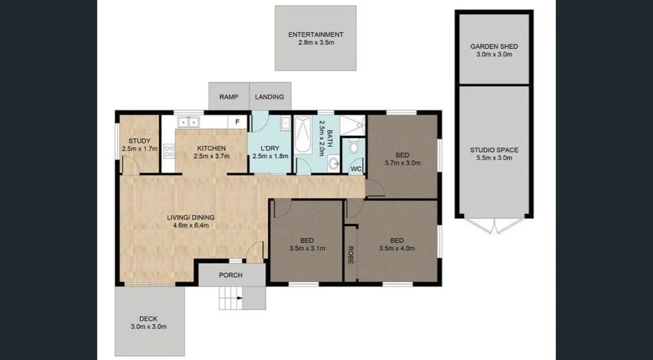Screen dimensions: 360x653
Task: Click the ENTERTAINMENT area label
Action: [315, 34]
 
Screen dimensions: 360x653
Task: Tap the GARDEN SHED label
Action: [491, 47]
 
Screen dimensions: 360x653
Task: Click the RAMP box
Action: [229, 97]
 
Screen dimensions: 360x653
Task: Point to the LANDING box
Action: [269, 97]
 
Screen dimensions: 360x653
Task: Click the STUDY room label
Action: [139, 141]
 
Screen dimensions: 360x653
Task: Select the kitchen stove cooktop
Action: [169, 150]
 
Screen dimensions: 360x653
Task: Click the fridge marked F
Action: [237, 122]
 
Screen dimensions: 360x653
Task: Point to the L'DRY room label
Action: [270, 148]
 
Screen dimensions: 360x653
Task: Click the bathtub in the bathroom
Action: [303, 136]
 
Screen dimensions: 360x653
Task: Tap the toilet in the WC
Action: [353, 147]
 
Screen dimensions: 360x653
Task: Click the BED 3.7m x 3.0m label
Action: [402, 155]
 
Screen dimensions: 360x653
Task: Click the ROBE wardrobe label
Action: [351, 254]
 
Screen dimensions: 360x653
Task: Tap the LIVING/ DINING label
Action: [190, 217]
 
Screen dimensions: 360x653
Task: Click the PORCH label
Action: [230, 275]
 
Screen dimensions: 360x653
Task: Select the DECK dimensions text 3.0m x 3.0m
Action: [148, 326]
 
